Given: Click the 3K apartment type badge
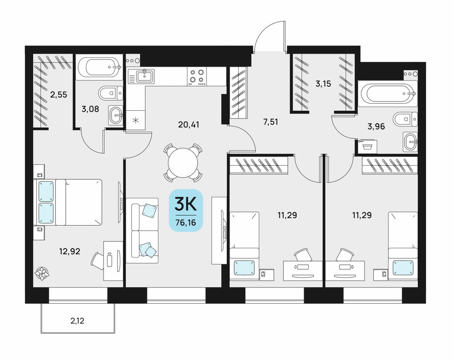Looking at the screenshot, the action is click(186, 210).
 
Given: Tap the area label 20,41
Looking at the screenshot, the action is click(189, 125).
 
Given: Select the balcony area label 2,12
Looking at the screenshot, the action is click(77, 321).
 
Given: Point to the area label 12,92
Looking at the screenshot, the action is click(69, 252).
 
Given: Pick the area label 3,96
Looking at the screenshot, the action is click(376, 126).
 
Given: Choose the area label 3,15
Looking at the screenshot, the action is click(323, 84).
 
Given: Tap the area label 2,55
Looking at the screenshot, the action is click(59, 95).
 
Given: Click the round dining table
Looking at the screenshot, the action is click(183, 163).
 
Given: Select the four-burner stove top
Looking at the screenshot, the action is click(197, 76).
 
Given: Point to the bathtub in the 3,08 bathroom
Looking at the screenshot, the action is click(99, 67).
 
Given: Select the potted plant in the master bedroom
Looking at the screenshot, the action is click(42, 273).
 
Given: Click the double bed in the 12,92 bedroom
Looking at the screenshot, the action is click(68, 202).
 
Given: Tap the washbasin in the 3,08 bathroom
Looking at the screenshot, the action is click(115, 115).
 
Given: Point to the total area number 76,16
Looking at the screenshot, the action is click(186, 223).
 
